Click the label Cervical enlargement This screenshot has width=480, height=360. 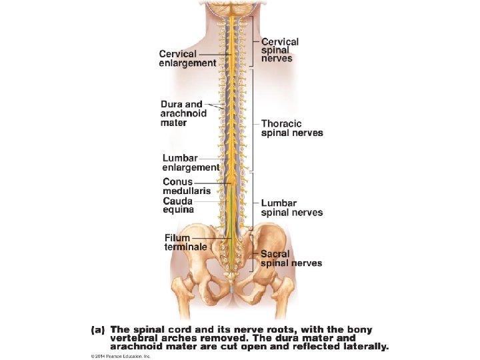pyautogui.click(x=187, y=59)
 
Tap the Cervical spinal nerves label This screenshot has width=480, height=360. pyautogui.click(x=279, y=50)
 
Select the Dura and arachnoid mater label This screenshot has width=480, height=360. pyautogui.click(x=183, y=113)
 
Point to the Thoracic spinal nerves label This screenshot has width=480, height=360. pyautogui.click(x=292, y=128)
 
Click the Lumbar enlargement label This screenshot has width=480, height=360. pyautogui.click(x=191, y=163)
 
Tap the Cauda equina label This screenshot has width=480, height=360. pyautogui.click(x=178, y=205)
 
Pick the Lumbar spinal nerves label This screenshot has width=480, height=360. pyautogui.click(x=291, y=208)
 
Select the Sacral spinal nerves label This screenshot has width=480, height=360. pyautogui.click(x=291, y=259)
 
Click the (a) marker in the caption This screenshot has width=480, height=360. pyautogui.click(x=98, y=329)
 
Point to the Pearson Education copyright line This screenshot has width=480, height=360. pyautogui.click(x=120, y=357)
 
